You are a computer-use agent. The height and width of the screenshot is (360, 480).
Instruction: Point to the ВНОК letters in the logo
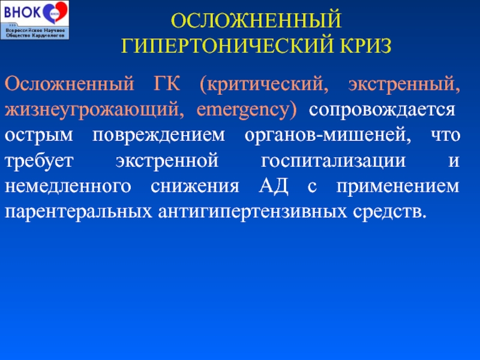click(22, 12)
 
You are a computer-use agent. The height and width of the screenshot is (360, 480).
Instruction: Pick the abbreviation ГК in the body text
click(167, 83)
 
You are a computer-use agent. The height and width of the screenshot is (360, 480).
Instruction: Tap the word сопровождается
click(382, 110)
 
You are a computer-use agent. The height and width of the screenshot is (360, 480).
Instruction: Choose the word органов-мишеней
click(328, 136)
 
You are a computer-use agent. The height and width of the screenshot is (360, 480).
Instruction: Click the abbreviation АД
click(273, 187)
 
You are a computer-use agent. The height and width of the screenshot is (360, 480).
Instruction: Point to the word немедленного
click(68, 187)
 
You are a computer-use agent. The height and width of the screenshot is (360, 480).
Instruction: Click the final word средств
click(389, 212)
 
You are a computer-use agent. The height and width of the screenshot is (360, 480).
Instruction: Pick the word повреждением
click(158, 136)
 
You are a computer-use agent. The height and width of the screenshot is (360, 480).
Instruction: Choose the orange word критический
click(264, 84)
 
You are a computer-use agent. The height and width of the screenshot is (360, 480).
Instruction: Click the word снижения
click(194, 187)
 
